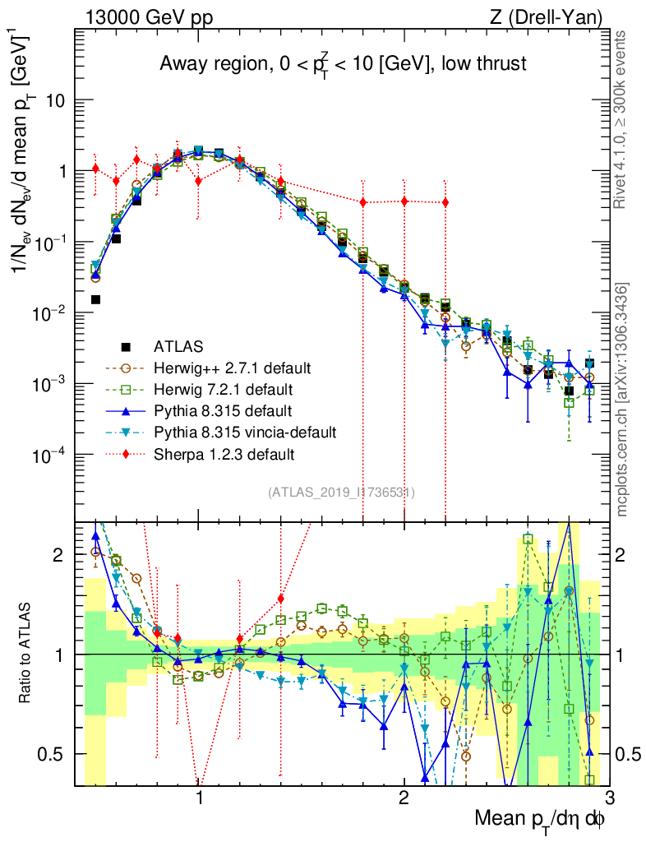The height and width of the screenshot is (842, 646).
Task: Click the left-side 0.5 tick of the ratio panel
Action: coord(53,754)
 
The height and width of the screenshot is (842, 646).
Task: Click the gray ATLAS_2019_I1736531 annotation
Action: coord(341,493)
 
